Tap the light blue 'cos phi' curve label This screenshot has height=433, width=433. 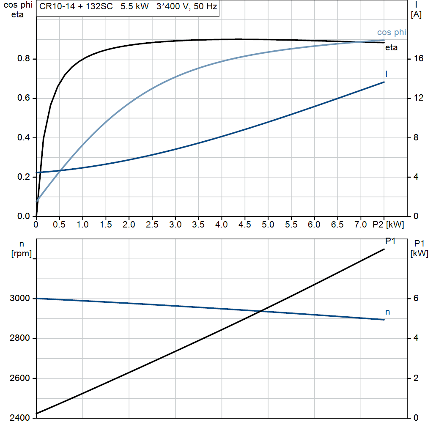(391, 33)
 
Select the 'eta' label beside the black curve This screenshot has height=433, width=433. (391, 47)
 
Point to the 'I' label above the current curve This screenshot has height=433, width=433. (386, 74)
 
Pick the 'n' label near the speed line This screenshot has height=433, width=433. (387, 312)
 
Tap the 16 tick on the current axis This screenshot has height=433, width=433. (419, 59)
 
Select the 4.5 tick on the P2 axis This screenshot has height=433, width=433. (245, 225)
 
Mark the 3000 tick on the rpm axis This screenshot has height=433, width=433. (20, 299)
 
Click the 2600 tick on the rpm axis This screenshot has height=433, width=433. (20, 378)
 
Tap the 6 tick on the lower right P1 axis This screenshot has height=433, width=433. (416, 299)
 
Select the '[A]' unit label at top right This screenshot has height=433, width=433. (416, 15)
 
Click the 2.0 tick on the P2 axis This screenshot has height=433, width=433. (129, 225)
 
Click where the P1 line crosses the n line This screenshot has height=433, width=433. (261, 311)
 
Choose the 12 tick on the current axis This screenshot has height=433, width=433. (419, 98)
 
